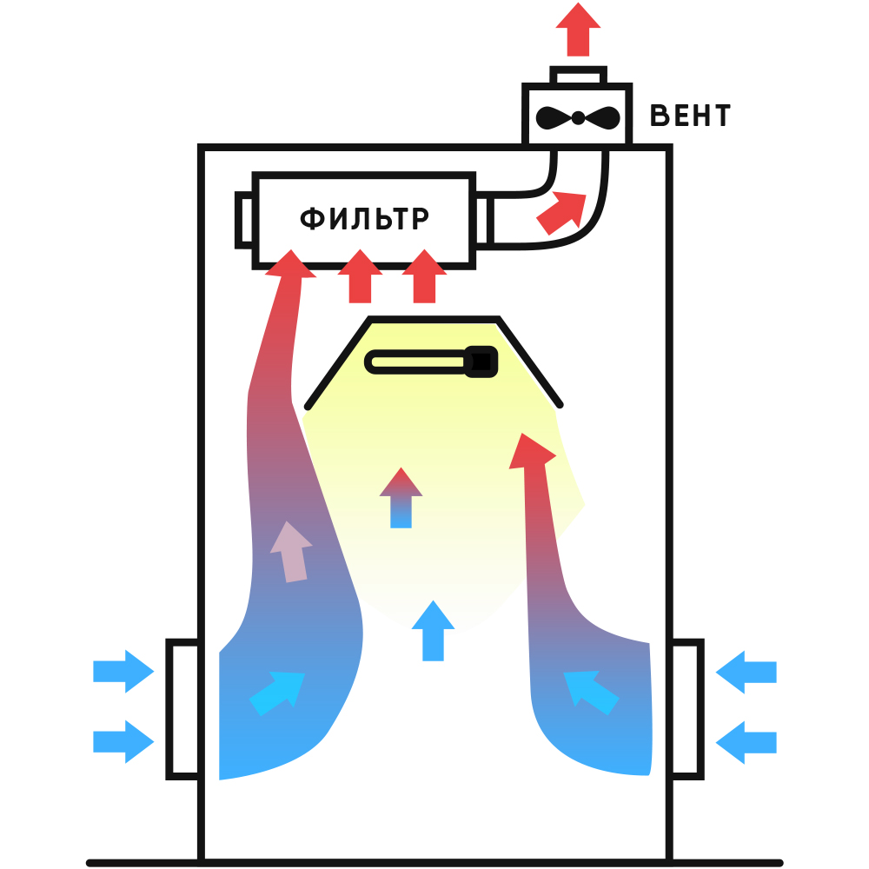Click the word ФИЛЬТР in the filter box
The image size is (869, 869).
(364, 218)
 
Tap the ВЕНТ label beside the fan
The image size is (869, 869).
(690, 116)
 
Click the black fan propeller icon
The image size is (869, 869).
(578, 117)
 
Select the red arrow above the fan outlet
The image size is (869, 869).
(578, 30)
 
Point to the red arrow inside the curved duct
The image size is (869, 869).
(561, 213)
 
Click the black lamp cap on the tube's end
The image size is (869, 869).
(481, 362)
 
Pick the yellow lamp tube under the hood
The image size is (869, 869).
(418, 362)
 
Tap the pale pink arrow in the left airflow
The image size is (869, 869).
(291, 552)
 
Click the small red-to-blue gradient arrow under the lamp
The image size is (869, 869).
(401, 498)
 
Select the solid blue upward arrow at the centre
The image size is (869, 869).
(433, 631)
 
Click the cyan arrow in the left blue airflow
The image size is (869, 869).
(276, 693)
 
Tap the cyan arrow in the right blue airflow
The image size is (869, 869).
(591, 693)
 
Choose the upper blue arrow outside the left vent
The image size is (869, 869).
(123, 671)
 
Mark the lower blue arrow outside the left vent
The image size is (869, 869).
(123, 741)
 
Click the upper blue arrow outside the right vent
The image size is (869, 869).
(746, 672)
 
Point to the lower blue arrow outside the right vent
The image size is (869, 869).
(746, 743)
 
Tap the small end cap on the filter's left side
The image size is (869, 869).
(244, 220)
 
